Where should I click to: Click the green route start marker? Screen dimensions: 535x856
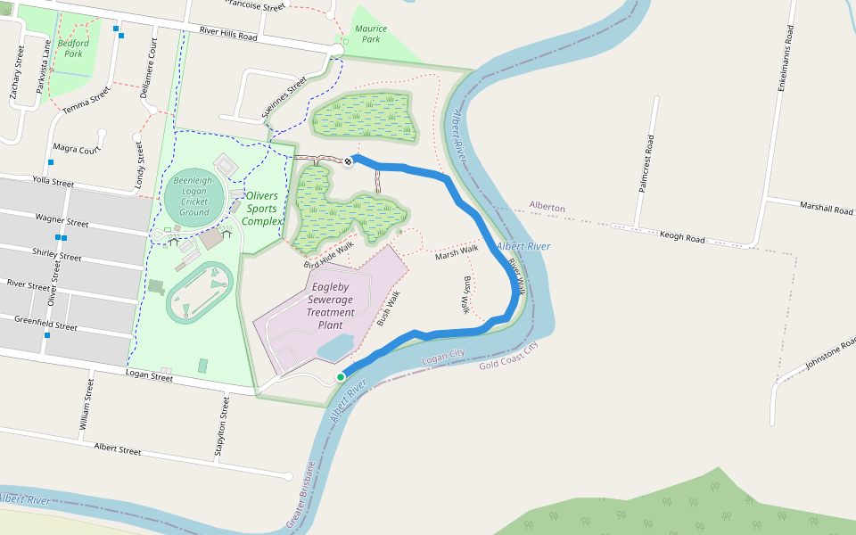pyautogui.click(x=341, y=377)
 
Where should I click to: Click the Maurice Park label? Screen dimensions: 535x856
pyautogui.click(x=371, y=34)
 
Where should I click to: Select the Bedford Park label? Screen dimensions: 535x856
pyautogui.click(x=73, y=48)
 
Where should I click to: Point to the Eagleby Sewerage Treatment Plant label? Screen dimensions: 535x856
pyautogui.click(x=331, y=306)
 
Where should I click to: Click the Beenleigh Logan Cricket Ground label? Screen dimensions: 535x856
pyautogui.click(x=193, y=196)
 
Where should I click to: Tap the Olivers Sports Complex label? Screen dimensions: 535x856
pyautogui.click(x=263, y=208)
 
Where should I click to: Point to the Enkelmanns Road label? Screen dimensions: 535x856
pyautogui.click(x=786, y=58)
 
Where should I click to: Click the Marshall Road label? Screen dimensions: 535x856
pyautogui.click(x=827, y=208)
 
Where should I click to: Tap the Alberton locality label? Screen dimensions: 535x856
pyautogui.click(x=547, y=207)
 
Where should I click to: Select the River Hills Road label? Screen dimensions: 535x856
pyautogui.click(x=228, y=34)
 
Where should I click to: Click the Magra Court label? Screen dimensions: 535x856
pyautogui.click(x=77, y=149)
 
